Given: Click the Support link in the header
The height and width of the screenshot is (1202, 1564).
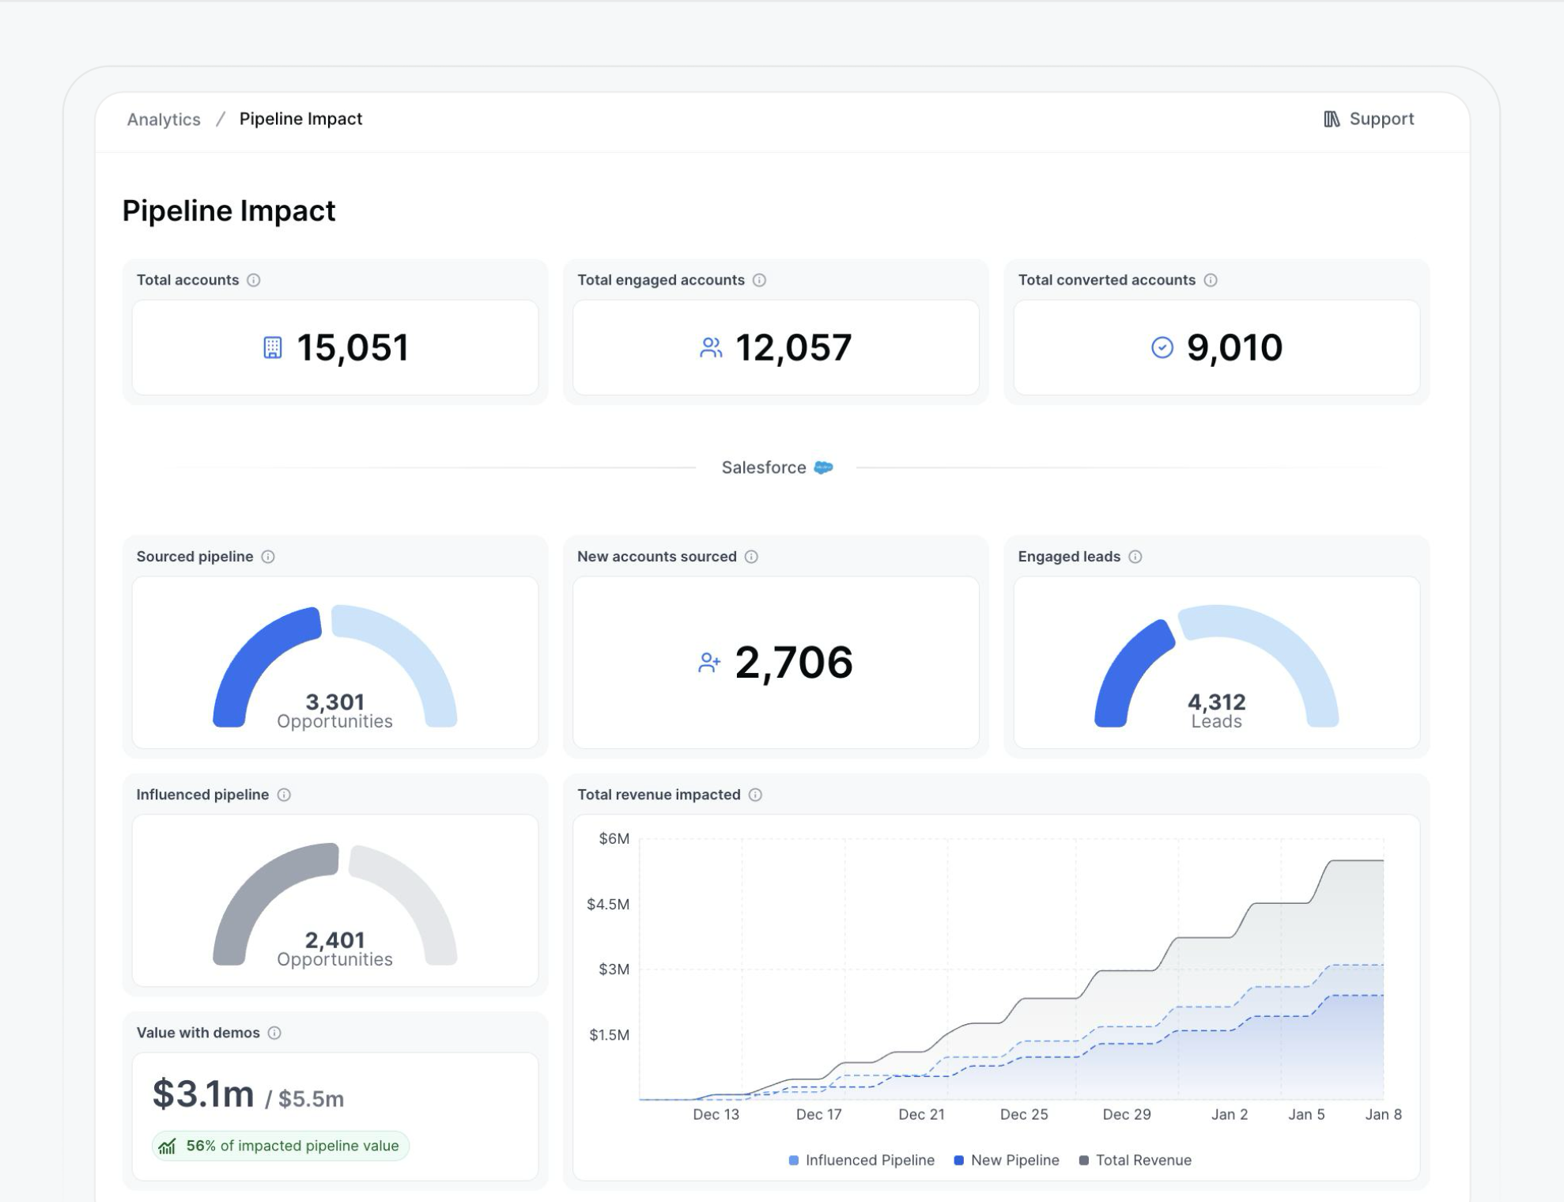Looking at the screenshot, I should (x=1369, y=119).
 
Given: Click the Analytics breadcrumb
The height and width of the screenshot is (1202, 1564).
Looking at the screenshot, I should (x=164, y=119).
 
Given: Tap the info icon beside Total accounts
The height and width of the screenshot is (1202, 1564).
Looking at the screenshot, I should (x=254, y=280).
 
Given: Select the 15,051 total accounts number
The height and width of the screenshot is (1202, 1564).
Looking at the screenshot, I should (x=353, y=348).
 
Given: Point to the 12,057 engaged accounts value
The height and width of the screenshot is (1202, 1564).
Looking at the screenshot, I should (x=793, y=348).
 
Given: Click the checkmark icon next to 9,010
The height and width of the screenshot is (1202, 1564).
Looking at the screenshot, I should (x=1162, y=348).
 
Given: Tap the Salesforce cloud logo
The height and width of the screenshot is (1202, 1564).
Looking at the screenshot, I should (x=823, y=467).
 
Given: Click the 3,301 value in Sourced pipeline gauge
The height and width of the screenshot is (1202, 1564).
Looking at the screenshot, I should (x=334, y=702).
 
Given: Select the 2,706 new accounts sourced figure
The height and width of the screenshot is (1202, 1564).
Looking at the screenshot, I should (x=793, y=663).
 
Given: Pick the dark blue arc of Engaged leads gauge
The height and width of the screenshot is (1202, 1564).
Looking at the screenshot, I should (x=1127, y=672).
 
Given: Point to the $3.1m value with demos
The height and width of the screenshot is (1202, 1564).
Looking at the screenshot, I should (x=203, y=1094).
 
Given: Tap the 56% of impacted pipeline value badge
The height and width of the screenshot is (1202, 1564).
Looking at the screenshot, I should (x=281, y=1146).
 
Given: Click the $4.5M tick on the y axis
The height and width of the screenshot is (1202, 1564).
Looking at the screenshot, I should (x=607, y=904).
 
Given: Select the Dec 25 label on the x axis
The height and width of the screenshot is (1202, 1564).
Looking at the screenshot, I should (x=1023, y=1114).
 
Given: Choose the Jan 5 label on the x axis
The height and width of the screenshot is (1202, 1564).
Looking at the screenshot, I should (x=1305, y=1114).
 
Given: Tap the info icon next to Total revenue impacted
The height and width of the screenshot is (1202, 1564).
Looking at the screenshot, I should (x=755, y=795).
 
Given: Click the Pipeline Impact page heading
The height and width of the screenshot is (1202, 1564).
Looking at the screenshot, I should (x=229, y=211).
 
